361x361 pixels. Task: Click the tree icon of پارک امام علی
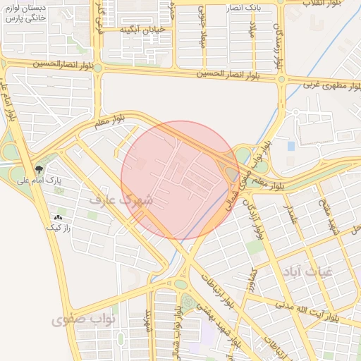[x=39, y=170]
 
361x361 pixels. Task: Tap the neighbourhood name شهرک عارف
[x=121, y=200]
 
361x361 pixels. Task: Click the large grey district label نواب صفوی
[x=78, y=320]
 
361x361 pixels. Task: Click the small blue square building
[x=291, y=146]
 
